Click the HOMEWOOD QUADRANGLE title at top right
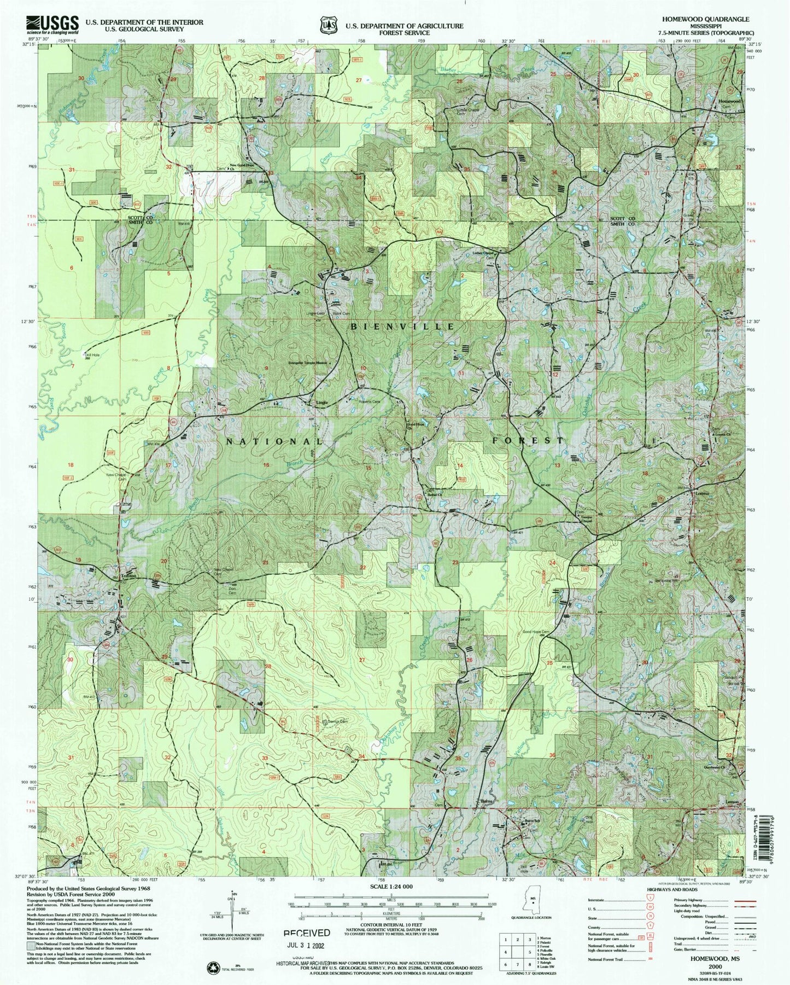click(703, 19)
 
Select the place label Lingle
click(323, 403)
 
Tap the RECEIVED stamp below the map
click(306, 933)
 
